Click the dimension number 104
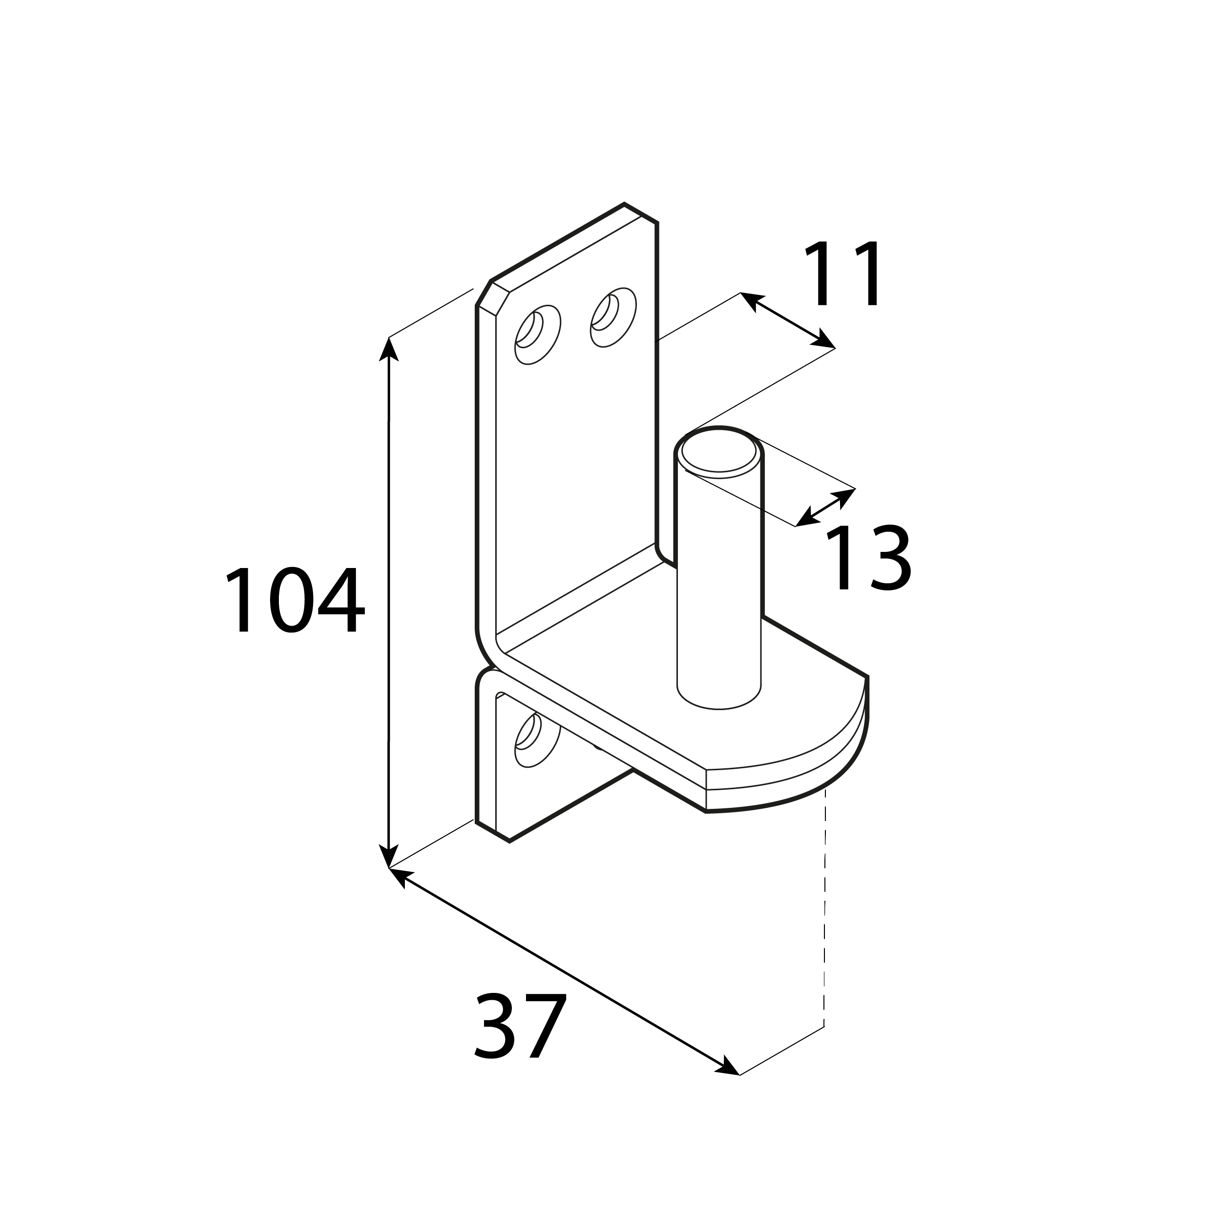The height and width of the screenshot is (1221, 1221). (295, 600)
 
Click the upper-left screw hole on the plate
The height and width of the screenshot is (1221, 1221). (537, 335)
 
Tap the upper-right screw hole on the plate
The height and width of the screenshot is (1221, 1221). (613, 317)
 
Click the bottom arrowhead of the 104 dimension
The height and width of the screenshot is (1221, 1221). (388, 856)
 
